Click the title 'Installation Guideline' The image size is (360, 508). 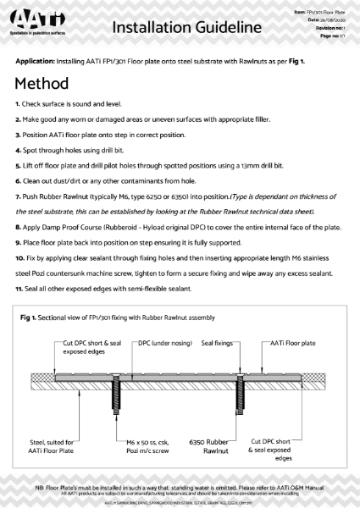pos(186,27)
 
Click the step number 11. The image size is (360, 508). pos(19,290)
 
